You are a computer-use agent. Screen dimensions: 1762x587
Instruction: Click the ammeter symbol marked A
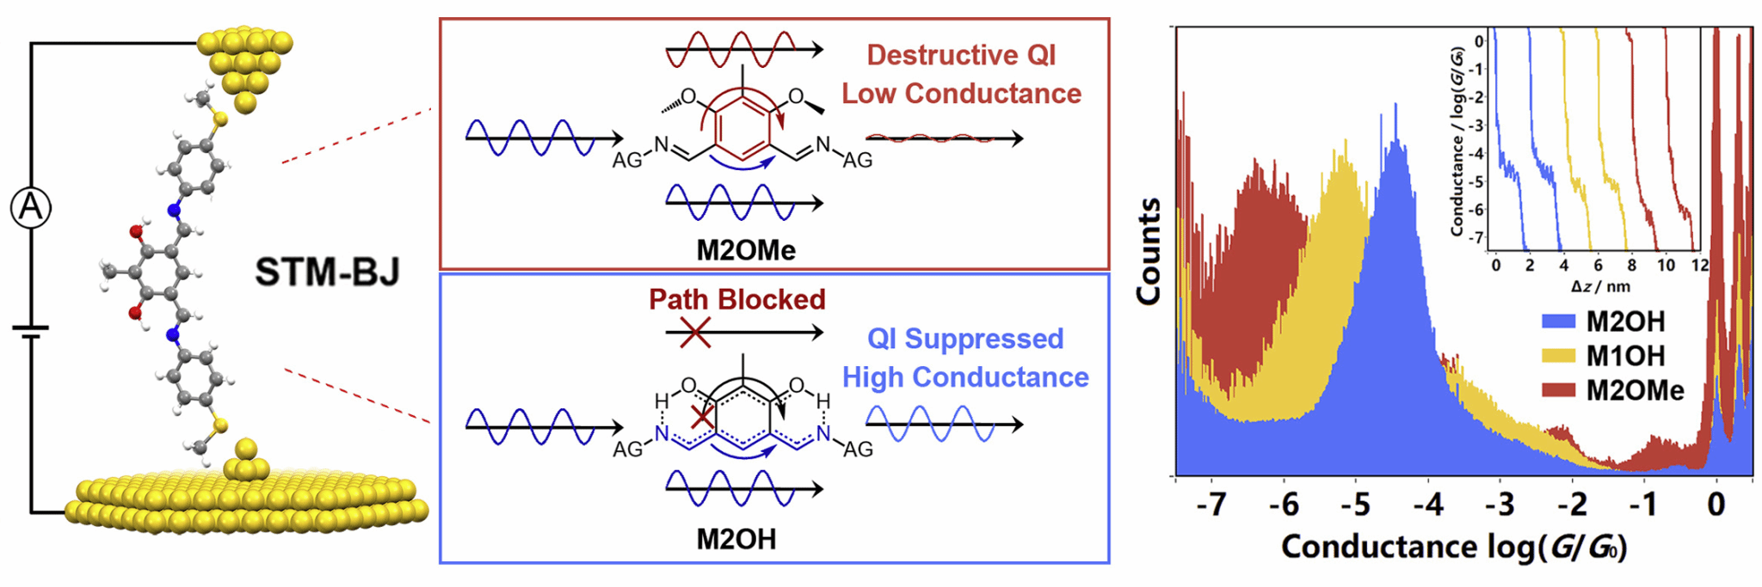point(31,208)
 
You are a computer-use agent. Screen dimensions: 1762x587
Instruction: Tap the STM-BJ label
point(328,272)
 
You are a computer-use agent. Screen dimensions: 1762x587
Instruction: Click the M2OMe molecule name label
point(746,250)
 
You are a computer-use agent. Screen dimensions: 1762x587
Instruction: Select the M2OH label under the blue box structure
point(736,539)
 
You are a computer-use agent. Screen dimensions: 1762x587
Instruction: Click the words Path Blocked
point(737,299)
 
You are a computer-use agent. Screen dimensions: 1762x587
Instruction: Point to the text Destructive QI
point(961,55)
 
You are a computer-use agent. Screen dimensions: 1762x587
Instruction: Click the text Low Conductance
point(961,93)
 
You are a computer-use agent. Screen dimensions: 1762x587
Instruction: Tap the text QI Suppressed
point(965,339)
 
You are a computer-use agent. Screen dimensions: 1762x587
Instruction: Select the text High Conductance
point(965,376)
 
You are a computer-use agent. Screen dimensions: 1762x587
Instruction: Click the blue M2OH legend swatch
point(1558,321)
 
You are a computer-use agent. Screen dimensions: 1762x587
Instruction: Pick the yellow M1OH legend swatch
point(1558,356)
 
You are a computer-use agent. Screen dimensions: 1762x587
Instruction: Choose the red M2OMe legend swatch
point(1558,390)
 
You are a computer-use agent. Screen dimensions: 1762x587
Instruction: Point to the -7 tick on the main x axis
point(1211,504)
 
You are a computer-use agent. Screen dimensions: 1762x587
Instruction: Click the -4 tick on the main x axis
point(1428,504)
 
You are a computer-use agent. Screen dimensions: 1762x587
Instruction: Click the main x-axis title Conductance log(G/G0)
point(1454,547)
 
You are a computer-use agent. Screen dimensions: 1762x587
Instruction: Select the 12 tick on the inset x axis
point(1700,266)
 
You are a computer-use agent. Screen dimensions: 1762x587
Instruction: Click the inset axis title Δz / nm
point(1600,286)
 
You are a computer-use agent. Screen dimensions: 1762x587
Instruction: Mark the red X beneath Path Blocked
point(695,333)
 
